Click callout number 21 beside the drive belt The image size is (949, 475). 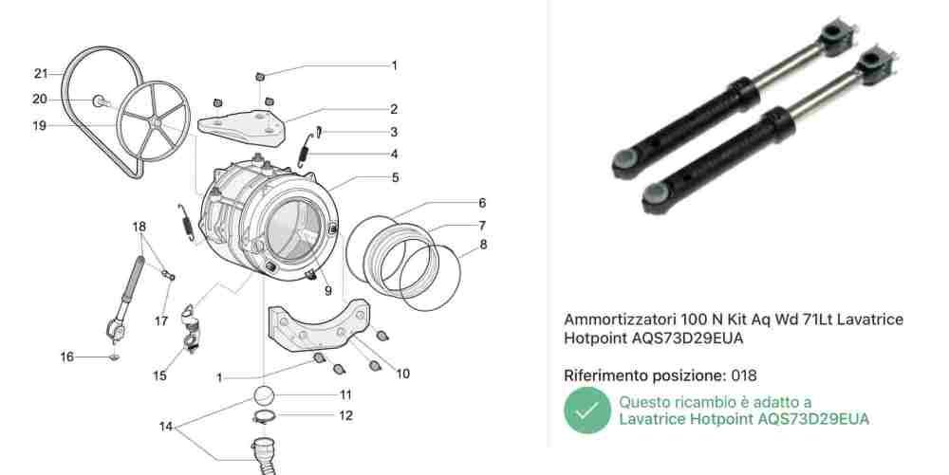pos(41,74)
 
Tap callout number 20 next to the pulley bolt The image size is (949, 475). pos(39,100)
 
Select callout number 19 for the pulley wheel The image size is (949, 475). pos(39,126)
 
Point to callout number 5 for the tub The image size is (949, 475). pos(395,177)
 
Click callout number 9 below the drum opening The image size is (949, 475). pos(328,291)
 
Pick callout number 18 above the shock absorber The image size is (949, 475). pos(140,227)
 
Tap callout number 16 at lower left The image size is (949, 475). pos(66,357)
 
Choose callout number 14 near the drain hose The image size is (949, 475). pos(166,427)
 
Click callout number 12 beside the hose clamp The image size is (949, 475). pos(345,416)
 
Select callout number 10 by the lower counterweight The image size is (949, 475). pos(403,375)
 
